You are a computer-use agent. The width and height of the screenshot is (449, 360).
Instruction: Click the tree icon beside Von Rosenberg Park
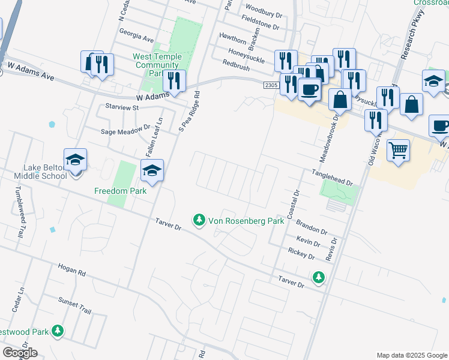coord(199,221)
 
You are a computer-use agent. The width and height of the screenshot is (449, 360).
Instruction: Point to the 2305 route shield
coord(271,86)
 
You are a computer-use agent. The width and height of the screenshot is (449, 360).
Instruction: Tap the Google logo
coord(20,353)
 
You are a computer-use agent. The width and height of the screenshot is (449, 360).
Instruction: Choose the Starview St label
coord(122,107)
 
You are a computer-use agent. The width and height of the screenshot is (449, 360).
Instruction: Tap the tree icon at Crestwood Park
coord(58,331)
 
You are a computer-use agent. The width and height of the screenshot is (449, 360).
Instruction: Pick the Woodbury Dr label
coord(264,13)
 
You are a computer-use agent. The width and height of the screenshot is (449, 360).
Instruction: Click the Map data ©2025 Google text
coord(411,355)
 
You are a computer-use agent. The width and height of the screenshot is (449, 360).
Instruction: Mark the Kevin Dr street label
coord(308,241)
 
